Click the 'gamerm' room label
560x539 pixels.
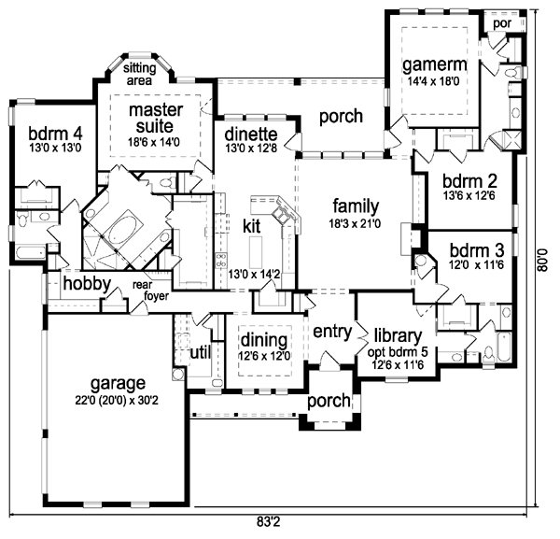click(x=435, y=65)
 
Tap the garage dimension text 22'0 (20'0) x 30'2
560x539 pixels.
click(x=117, y=401)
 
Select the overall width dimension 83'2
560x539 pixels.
click(x=269, y=522)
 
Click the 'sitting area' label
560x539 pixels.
click(x=140, y=74)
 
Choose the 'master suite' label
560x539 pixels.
click(x=155, y=118)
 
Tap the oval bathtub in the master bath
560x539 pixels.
click(x=123, y=230)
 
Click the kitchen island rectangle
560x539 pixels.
click(x=256, y=252)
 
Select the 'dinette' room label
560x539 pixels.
click(x=251, y=135)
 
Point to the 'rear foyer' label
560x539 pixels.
click(x=150, y=291)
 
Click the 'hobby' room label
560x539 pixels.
click(x=87, y=284)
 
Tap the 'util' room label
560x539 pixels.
click(x=201, y=353)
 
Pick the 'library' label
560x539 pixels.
click(x=398, y=336)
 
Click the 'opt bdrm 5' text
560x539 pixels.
click(x=398, y=352)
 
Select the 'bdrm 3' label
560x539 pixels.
click(x=477, y=250)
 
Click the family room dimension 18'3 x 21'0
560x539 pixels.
click(x=355, y=224)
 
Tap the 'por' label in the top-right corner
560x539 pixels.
click(x=502, y=24)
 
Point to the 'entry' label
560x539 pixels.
click(x=332, y=332)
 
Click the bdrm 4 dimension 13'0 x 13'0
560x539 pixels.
click(x=55, y=148)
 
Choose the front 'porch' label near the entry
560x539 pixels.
click(x=329, y=401)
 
